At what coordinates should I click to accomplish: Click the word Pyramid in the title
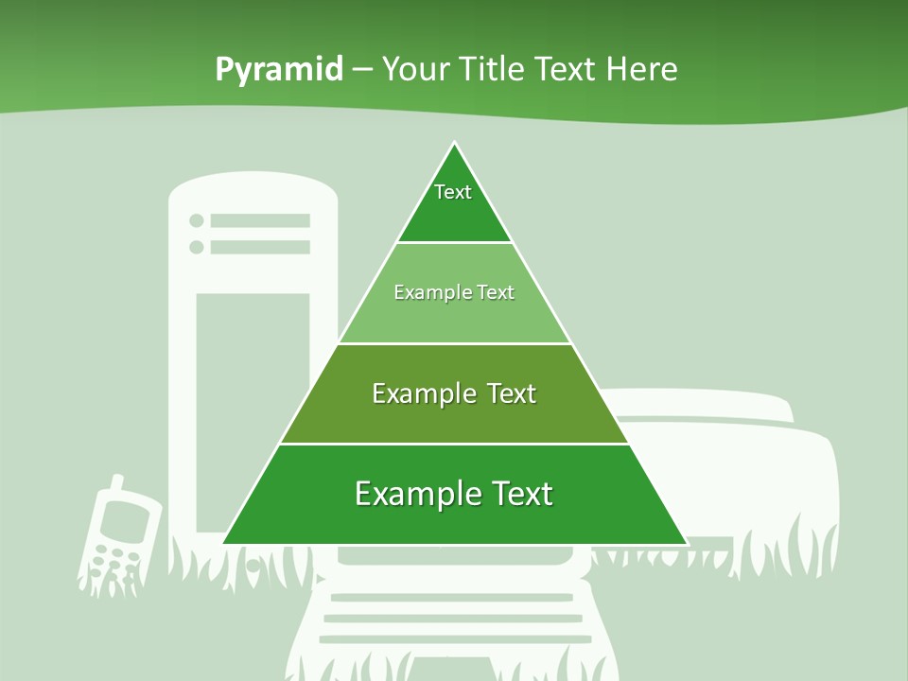coord(279,70)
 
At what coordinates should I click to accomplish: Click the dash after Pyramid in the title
coord(362,70)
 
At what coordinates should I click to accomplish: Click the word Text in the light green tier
coord(496,293)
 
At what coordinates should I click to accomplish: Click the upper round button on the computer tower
coord(197,220)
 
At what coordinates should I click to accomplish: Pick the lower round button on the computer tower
coord(197,247)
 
